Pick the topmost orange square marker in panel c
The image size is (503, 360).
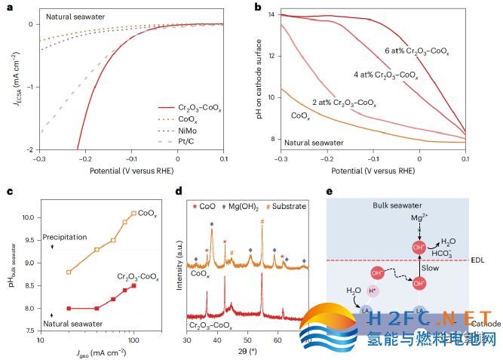[x=133, y=214]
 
